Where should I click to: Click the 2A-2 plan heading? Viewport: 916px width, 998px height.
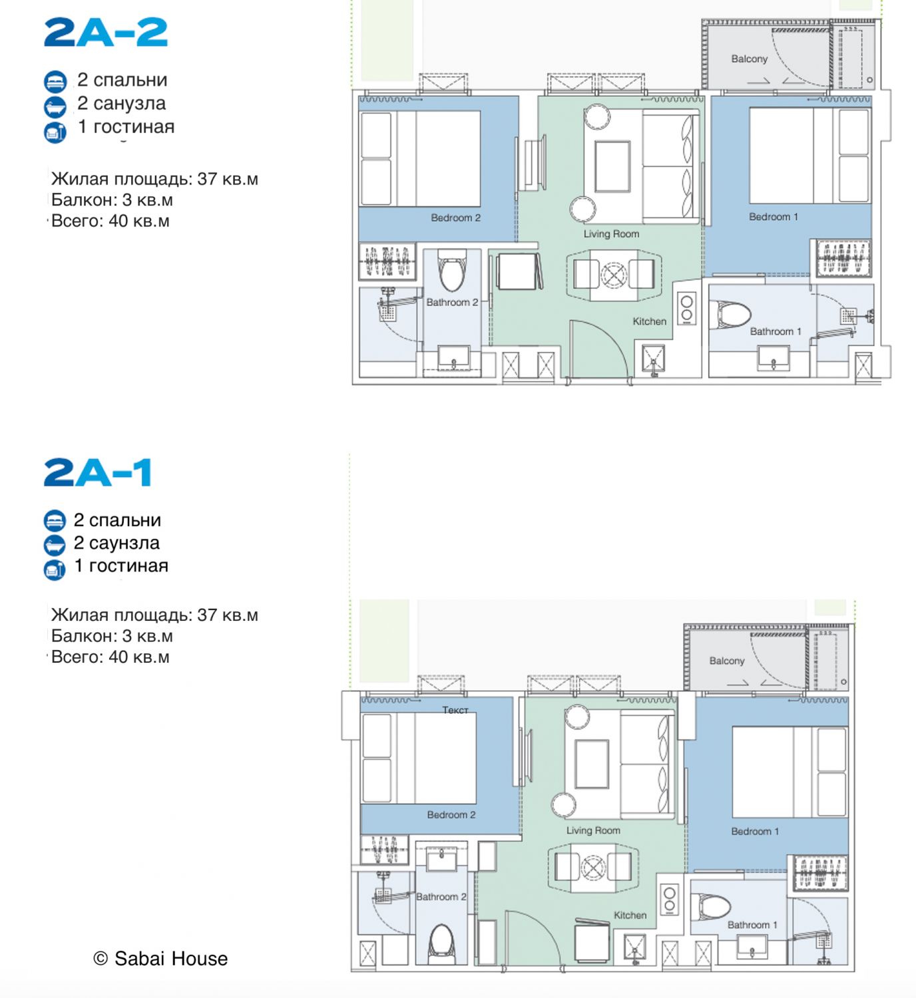[106, 33]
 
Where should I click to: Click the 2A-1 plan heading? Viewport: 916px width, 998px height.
[98, 472]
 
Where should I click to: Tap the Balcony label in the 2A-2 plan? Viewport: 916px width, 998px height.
[749, 59]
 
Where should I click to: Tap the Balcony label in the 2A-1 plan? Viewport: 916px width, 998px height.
[727, 661]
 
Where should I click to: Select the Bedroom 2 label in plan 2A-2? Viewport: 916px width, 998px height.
[455, 218]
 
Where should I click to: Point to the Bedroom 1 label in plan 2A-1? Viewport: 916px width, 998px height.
[755, 832]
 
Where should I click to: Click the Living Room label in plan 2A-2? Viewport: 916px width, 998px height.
[611, 234]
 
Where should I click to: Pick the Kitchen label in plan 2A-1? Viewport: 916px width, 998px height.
[630, 915]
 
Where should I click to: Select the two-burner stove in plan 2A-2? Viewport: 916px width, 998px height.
[687, 309]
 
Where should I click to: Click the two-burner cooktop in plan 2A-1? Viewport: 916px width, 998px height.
[670, 900]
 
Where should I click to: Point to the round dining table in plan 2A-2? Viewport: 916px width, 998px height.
[614, 275]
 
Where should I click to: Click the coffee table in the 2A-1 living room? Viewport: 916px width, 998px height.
[591, 764]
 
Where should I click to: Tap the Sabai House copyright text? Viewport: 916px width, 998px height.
[160, 958]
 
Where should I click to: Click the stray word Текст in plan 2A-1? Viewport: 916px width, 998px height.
[455, 710]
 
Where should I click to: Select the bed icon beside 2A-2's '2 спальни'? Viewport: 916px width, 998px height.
[55, 82]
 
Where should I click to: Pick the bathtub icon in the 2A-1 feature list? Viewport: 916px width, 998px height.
[55, 545]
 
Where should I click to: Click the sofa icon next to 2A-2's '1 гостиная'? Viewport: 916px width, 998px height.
[55, 132]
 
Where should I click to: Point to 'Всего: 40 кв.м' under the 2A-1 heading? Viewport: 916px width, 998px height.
[111, 657]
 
